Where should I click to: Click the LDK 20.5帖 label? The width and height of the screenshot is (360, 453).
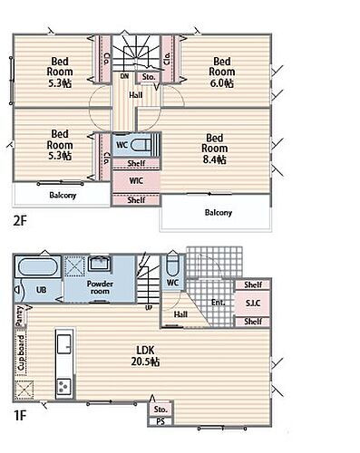click(145, 356)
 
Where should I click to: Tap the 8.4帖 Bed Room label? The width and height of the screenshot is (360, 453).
click(214, 149)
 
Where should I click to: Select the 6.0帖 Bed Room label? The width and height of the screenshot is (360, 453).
click(221, 72)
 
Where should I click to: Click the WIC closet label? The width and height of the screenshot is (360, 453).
click(136, 181)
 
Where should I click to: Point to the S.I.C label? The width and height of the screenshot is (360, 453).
click(253, 303)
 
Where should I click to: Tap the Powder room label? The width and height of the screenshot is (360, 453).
click(100, 287)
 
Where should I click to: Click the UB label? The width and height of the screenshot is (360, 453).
click(41, 290)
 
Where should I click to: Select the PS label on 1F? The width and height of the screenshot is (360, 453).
click(161, 421)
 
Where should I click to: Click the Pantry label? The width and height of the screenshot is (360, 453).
click(19, 316)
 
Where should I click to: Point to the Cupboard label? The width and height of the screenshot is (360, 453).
click(21, 352)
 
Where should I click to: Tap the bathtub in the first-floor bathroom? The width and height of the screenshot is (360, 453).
click(37, 267)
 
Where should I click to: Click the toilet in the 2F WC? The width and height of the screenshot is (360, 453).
click(141, 144)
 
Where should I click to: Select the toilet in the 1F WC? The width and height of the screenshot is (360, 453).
click(172, 265)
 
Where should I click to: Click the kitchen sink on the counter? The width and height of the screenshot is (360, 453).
click(64, 344)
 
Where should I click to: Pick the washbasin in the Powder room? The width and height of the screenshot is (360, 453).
click(100, 264)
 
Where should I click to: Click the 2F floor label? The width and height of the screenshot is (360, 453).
click(20, 221)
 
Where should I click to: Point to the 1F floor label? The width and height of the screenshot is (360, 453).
click(20, 416)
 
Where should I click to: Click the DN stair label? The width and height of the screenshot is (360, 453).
click(124, 76)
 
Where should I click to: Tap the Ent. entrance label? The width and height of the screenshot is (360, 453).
click(218, 303)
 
